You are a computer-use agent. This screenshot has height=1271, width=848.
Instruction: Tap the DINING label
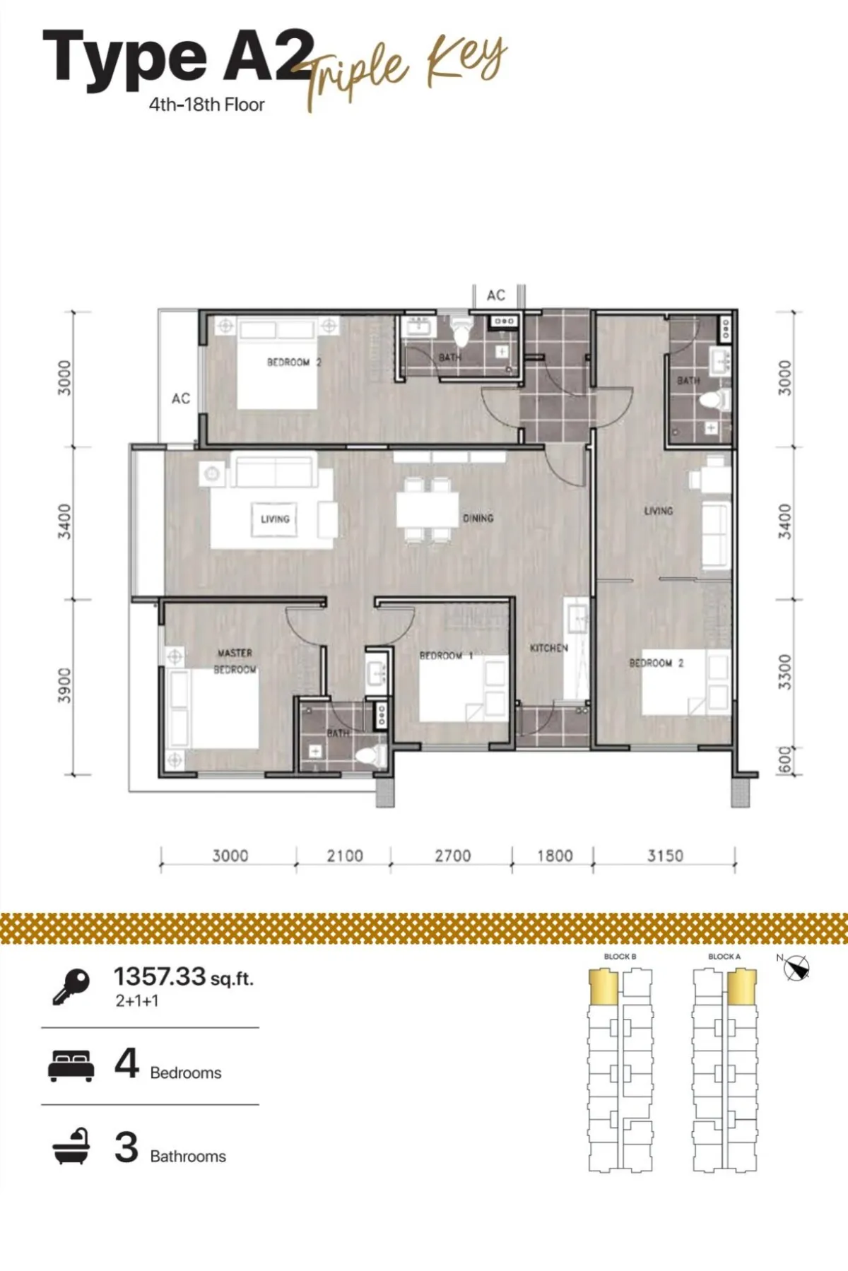pos(478,519)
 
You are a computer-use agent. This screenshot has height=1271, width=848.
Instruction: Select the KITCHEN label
pos(549,647)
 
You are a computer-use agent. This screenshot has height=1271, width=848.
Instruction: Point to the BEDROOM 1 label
pos(446,655)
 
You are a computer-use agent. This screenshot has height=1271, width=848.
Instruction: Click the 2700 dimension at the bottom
pos(452,856)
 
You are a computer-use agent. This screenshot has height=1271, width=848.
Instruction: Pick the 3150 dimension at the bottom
pos(665,856)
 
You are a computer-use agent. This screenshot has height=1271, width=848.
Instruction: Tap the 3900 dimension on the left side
pos(64,685)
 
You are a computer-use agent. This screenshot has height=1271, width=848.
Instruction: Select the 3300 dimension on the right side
pos(784,672)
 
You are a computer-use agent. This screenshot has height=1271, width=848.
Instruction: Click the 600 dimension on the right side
pos(785,760)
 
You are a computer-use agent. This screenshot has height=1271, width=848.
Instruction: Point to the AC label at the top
pos(496,295)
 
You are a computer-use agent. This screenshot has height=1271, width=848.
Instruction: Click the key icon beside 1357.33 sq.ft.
pos(71,986)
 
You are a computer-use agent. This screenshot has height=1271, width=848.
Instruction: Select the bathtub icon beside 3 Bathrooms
pos(71,1146)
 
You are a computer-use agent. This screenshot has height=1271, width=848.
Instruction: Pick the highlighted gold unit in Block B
pos(603,986)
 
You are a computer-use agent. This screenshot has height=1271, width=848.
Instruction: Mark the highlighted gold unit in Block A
pos(742,986)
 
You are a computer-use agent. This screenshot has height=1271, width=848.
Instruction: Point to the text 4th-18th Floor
pos(206,105)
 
